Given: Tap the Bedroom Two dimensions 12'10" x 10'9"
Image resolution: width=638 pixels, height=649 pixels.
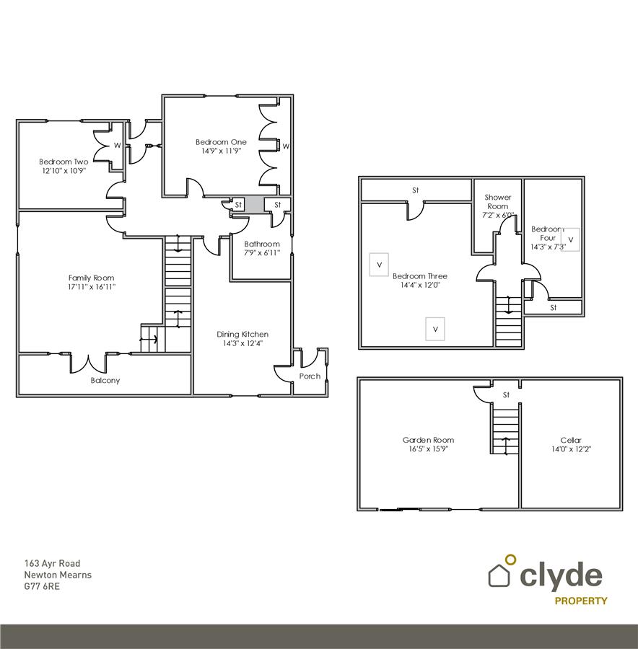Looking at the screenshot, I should tap(64, 172).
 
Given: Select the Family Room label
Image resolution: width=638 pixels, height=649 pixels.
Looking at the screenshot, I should tap(91, 278).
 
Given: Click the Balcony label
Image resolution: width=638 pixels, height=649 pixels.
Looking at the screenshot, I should tap(105, 380).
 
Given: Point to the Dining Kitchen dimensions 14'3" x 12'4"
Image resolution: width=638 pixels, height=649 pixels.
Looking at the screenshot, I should tap(242, 344).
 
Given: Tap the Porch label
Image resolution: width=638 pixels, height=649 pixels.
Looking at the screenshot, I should tap(310, 376).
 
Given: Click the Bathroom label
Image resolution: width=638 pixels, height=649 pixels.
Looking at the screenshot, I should tap(261, 244).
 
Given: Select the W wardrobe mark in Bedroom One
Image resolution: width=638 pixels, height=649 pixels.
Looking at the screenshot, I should tap(286, 146).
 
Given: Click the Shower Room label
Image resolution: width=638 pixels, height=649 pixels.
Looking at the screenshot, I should tap(498, 201).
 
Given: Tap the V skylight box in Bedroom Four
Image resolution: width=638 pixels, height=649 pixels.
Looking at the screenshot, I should tap(570, 239).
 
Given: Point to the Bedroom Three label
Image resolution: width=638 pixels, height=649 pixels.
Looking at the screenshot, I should tap(419, 276).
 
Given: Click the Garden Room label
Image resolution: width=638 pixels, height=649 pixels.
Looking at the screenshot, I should tap(428, 440).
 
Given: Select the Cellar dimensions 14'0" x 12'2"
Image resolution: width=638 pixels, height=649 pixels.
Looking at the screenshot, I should tap(570, 449).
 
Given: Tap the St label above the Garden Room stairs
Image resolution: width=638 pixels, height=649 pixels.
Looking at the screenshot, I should tap(506, 394).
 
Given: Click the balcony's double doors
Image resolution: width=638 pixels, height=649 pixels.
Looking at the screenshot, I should tap(89, 362).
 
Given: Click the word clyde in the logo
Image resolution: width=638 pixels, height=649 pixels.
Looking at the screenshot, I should tap(561, 575).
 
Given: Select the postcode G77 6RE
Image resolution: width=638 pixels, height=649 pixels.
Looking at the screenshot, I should tap(42, 586).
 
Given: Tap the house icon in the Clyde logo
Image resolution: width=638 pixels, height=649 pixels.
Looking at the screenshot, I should tap(499, 575).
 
